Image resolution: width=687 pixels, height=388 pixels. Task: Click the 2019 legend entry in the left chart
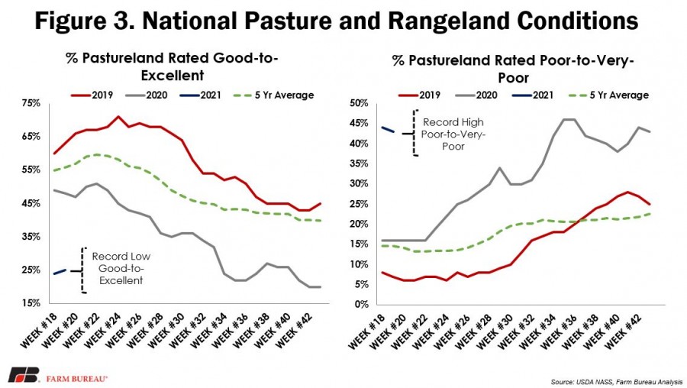click(x=92, y=95)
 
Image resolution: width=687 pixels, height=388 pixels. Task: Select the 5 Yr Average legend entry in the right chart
click(x=608, y=95)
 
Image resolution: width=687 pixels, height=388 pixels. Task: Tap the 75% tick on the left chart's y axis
click(x=31, y=103)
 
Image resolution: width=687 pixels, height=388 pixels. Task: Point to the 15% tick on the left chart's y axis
click(x=31, y=303)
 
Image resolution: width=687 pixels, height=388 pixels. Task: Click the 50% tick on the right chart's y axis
click(x=360, y=103)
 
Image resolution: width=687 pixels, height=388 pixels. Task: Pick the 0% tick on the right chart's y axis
click(x=362, y=304)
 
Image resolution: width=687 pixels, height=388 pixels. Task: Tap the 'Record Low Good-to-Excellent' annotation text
click(x=121, y=268)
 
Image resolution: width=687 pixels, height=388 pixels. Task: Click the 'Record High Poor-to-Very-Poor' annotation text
click(x=453, y=134)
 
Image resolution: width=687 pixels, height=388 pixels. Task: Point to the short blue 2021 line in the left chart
click(x=60, y=272)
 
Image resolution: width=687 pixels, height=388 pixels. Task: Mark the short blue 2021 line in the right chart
click(x=389, y=129)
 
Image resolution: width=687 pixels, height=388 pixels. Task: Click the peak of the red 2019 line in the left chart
click(x=118, y=117)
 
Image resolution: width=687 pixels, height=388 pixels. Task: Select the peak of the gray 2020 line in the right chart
click(x=568, y=119)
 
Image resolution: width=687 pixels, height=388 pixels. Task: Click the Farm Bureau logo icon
click(x=24, y=375)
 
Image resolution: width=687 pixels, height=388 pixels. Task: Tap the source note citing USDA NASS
click(x=617, y=382)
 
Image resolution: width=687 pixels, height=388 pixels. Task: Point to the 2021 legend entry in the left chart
click(x=201, y=95)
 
